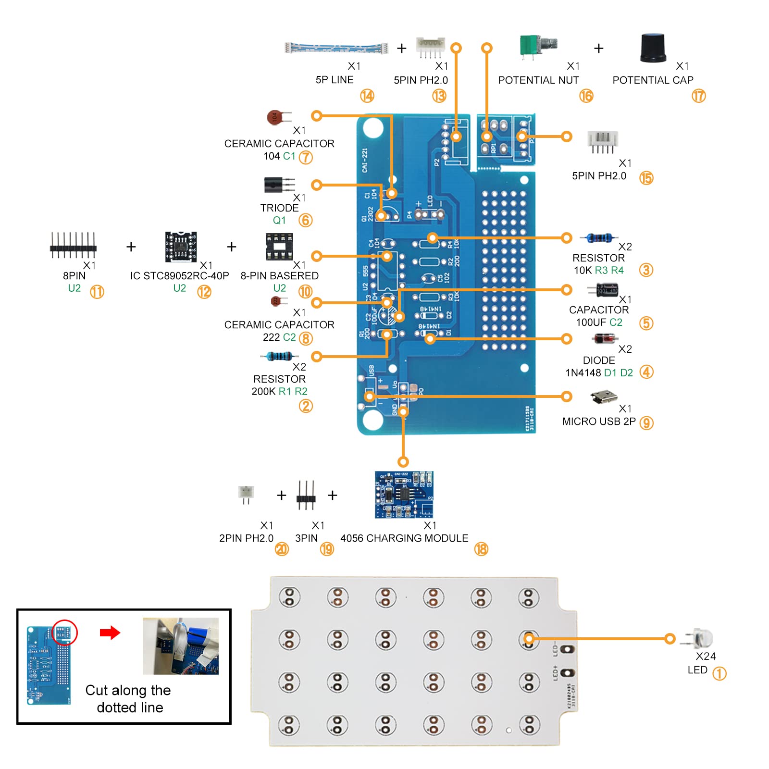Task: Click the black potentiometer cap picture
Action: [653, 48]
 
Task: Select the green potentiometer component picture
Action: [537, 47]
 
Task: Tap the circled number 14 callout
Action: [367, 96]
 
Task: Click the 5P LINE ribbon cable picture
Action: [336, 48]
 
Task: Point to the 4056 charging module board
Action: [404, 494]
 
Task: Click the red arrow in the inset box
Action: [110, 633]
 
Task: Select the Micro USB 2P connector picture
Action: [604, 397]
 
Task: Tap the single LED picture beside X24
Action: [698, 638]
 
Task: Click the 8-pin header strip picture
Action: [73, 245]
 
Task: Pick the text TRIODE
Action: [279, 208]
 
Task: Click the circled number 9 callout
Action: [646, 423]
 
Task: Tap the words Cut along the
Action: [128, 690]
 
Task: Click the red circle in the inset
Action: [64, 633]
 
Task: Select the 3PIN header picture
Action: [306, 495]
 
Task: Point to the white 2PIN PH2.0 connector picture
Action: [246, 494]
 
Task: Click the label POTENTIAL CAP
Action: [653, 80]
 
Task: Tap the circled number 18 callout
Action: [481, 549]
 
